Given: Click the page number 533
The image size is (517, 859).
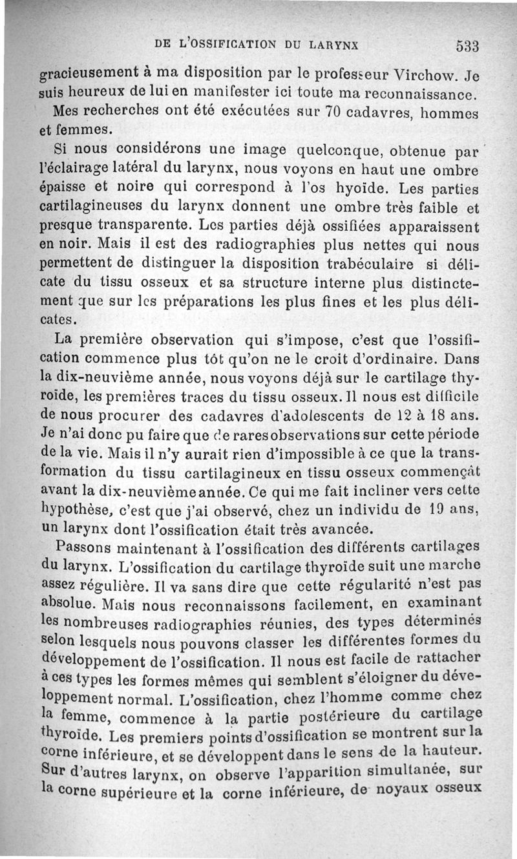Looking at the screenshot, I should (466, 46).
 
